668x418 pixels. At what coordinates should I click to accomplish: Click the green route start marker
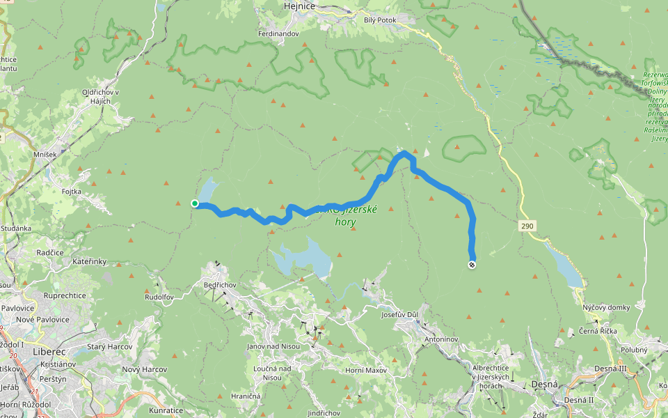195,203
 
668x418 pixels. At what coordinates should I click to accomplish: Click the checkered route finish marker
472,265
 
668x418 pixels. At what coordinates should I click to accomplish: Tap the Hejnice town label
301,6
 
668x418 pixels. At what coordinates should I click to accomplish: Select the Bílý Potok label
380,20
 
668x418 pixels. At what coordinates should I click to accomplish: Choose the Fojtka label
72,191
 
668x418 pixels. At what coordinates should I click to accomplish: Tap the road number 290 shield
527,227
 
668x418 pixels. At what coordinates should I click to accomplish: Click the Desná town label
544,385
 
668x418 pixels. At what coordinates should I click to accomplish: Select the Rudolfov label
159,296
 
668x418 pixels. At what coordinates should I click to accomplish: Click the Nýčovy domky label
607,307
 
